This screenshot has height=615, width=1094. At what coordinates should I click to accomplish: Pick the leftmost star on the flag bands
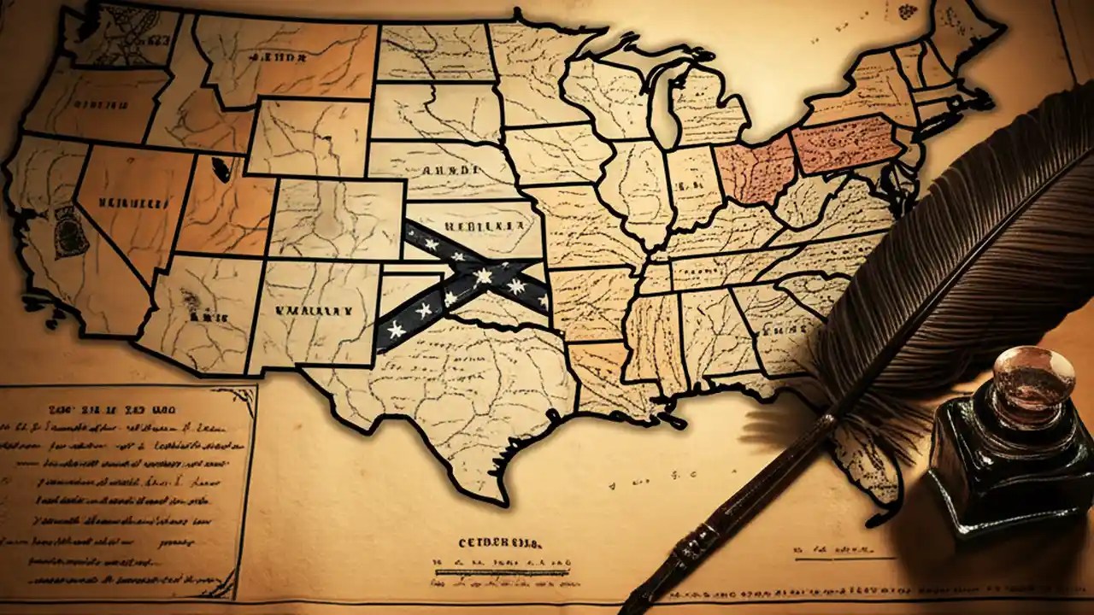(x=396, y=329)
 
